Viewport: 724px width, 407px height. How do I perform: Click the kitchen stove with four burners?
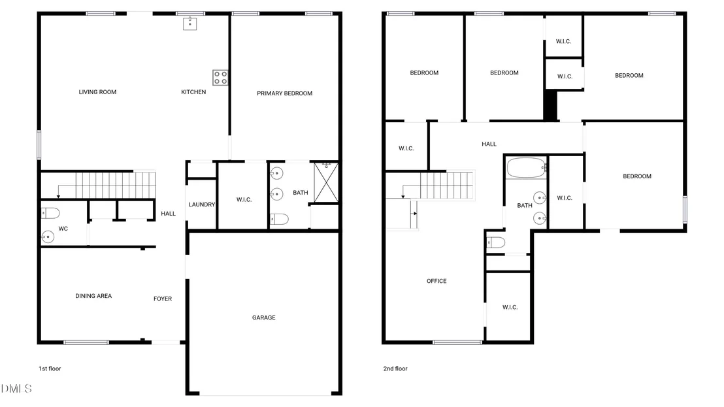(x=220, y=78)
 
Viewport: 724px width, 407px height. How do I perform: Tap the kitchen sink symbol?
(x=189, y=24)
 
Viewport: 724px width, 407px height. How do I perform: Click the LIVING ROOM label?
(x=97, y=92)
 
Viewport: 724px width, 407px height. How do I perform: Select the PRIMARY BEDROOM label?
(x=284, y=93)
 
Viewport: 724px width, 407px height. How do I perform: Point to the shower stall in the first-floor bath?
(x=326, y=182)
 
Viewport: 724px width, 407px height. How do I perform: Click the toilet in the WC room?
(x=50, y=213)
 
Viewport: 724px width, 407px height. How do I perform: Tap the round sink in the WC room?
(x=48, y=236)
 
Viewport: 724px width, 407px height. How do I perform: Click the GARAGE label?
(x=263, y=317)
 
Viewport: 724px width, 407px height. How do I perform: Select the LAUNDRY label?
(x=202, y=204)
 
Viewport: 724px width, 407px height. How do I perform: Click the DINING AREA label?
(x=93, y=296)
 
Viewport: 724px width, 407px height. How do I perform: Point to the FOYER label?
(x=163, y=299)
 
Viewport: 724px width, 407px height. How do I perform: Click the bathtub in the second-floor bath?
(x=527, y=168)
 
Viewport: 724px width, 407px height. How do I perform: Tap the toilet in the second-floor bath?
(x=496, y=242)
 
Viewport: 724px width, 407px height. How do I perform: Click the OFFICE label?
(x=436, y=281)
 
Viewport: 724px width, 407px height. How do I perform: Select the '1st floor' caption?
(x=50, y=368)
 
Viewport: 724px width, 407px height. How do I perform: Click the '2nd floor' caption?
(x=395, y=368)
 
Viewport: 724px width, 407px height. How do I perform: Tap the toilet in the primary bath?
(x=279, y=220)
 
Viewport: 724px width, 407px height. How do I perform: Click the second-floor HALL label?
(x=489, y=144)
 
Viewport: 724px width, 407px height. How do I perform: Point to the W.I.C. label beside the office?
(x=510, y=307)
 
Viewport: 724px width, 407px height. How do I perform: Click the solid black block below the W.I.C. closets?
(x=550, y=106)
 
